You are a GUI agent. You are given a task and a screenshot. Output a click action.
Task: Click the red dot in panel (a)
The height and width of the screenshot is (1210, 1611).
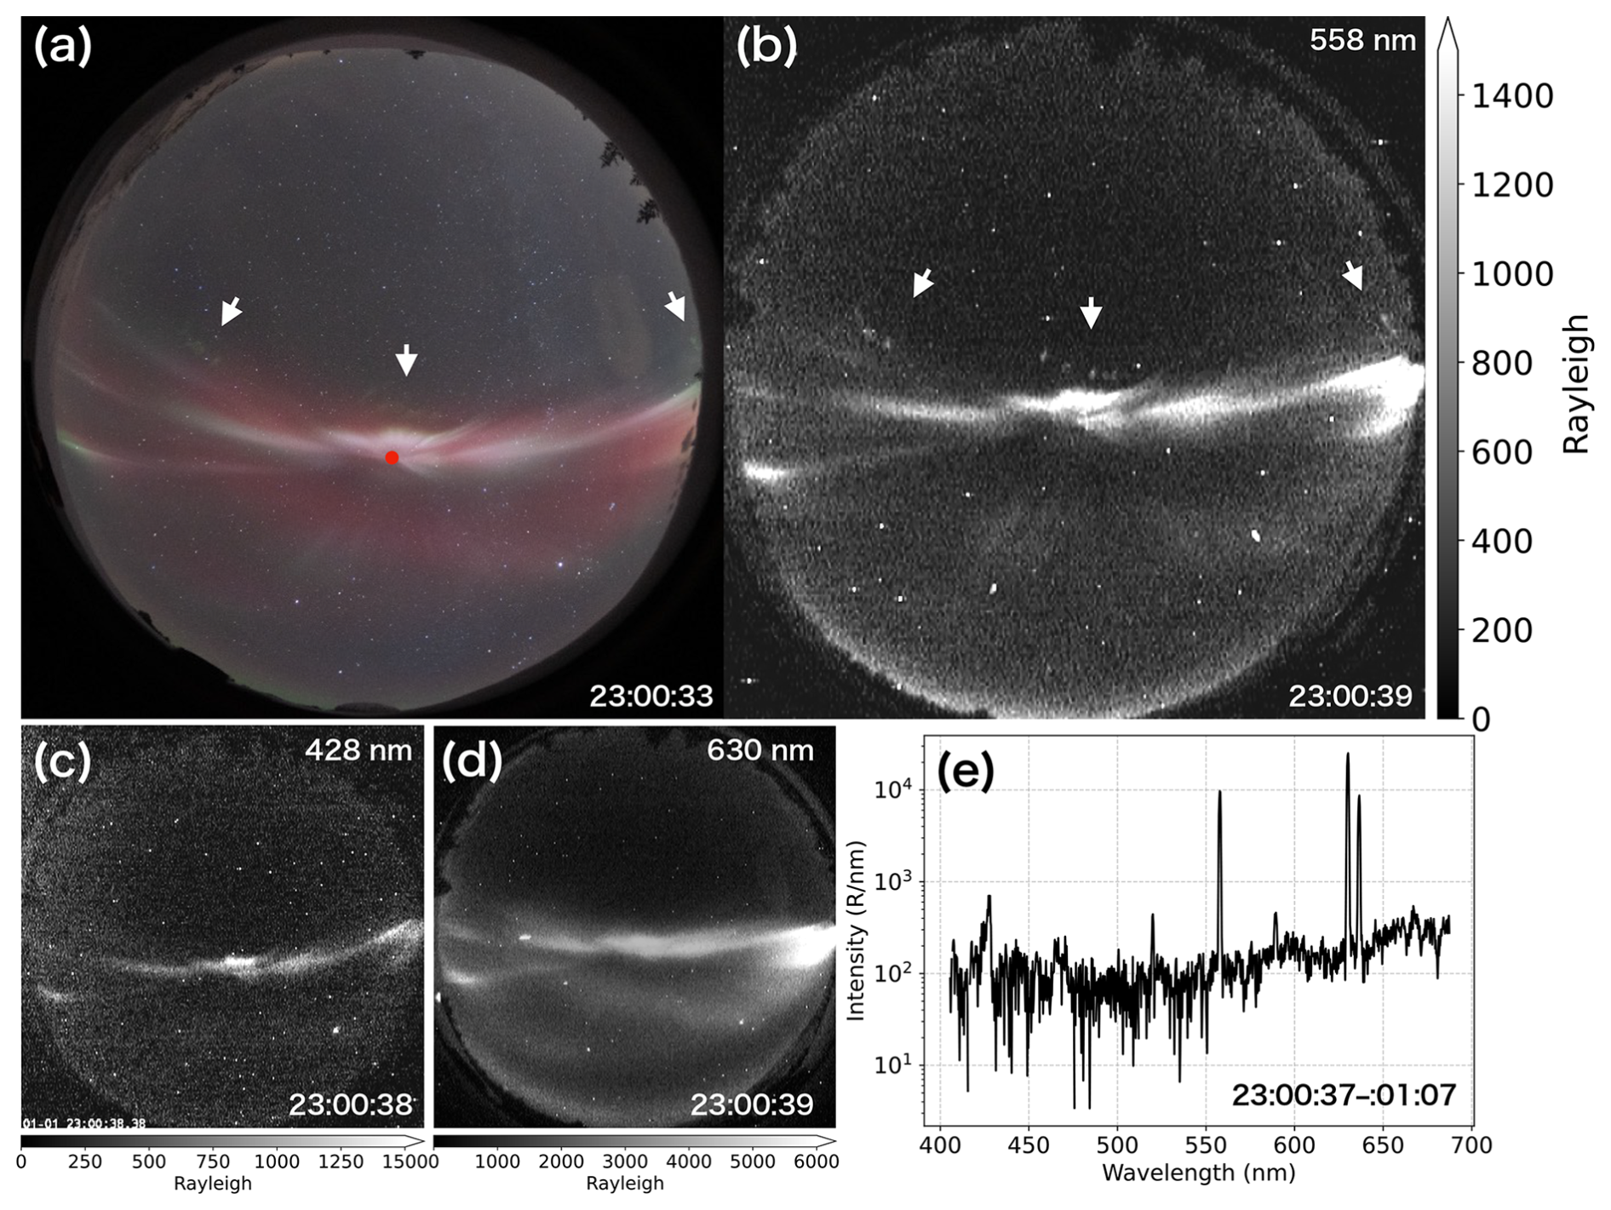click(x=392, y=458)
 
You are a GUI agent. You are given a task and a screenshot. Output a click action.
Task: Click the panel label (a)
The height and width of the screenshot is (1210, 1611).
click(x=61, y=47)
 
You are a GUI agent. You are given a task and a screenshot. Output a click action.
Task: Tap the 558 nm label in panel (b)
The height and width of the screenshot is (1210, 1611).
click(x=1362, y=40)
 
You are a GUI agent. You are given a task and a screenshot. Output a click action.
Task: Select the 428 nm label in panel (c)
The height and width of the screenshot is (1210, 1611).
click(x=358, y=750)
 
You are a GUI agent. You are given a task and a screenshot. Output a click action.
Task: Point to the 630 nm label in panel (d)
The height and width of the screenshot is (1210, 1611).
click(x=760, y=750)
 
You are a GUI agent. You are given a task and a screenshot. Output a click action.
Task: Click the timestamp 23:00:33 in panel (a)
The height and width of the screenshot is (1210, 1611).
click(x=651, y=696)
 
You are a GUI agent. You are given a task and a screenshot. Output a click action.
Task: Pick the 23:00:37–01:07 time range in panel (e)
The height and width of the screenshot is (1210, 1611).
click(x=1344, y=1094)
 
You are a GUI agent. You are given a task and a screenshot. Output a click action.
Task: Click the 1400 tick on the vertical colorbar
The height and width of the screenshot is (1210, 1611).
click(x=1507, y=96)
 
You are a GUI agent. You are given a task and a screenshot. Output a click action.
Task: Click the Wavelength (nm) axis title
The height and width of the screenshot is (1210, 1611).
click(x=1199, y=1173)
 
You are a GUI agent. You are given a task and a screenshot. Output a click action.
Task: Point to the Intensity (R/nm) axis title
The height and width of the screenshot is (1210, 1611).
click(x=856, y=930)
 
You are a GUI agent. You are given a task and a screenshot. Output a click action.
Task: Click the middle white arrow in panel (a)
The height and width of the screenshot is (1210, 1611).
click(x=407, y=359)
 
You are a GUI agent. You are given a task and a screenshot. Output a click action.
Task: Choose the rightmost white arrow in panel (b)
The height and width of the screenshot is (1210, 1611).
click(x=1353, y=275)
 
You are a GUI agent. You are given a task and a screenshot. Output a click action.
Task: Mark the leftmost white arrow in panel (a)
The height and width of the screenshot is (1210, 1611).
click(x=231, y=312)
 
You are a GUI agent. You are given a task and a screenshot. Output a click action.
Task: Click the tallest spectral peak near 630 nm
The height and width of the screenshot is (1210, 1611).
click(x=1348, y=755)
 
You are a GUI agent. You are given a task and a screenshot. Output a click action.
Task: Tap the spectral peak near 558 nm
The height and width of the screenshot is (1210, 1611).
click(x=1219, y=793)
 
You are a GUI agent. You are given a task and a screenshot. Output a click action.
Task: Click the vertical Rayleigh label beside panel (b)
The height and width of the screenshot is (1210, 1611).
click(x=1577, y=383)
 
